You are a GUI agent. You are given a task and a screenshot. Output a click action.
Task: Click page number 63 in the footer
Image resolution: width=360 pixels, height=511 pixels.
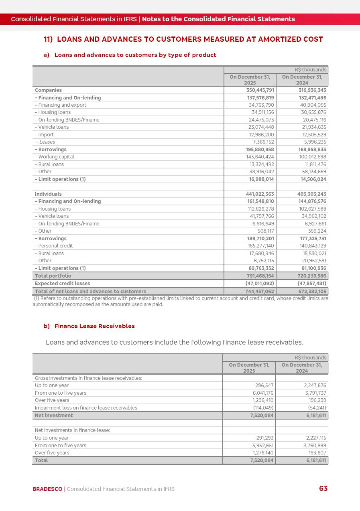pos(323,489)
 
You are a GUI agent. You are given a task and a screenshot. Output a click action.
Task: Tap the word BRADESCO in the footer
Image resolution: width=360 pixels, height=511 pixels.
pos(47,489)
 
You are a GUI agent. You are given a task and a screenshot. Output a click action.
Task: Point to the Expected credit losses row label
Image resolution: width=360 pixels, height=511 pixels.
pos(62,284)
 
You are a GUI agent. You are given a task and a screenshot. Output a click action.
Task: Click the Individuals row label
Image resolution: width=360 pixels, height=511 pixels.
pos(48,194)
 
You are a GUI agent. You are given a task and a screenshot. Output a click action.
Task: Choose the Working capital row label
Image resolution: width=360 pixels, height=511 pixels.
pos(55,157)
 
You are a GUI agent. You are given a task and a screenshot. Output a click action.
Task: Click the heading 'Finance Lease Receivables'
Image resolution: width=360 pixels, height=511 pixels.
pos(94,326)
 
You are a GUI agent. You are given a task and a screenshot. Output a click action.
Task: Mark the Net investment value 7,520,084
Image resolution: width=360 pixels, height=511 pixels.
pos(262,416)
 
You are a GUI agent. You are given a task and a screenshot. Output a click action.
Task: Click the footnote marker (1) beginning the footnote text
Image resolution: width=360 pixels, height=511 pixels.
pos(37,298)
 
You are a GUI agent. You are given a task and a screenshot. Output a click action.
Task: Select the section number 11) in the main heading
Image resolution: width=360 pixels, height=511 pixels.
pos(48,39)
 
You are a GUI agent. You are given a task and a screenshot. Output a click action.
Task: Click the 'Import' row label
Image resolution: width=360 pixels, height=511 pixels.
pos(45,135)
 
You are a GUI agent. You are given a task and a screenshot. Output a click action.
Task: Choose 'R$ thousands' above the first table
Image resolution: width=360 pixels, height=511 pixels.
pos(310,70)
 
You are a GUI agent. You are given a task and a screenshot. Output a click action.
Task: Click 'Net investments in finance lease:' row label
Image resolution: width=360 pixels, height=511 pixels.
pos(72,430)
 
